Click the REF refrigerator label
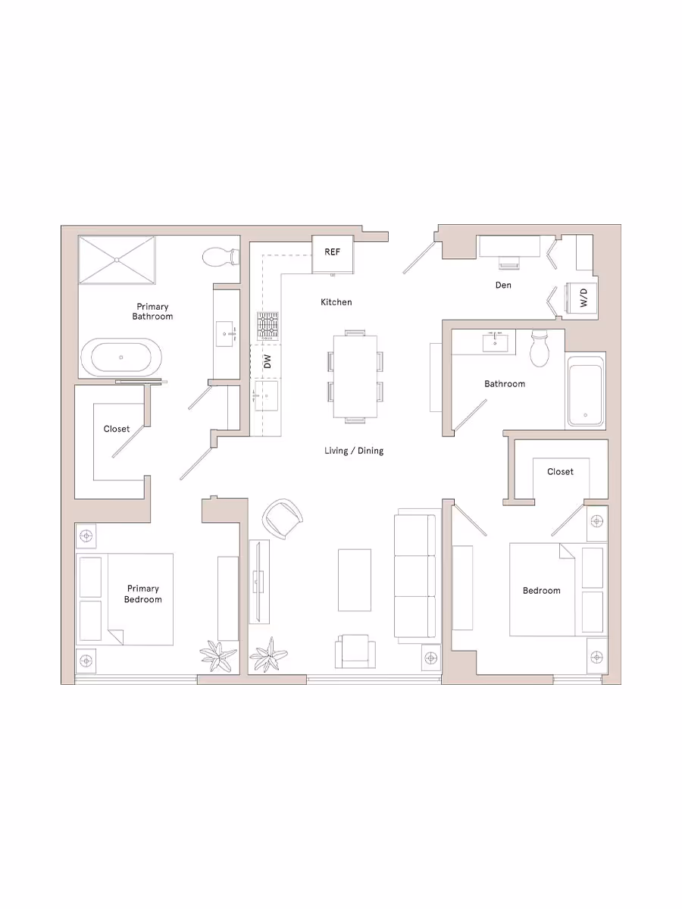[x=332, y=252]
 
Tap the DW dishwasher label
[x=267, y=361]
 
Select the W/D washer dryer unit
[x=582, y=297]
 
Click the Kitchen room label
[x=336, y=302]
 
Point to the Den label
[x=503, y=286]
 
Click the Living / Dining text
[x=354, y=451]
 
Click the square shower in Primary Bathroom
[x=117, y=260]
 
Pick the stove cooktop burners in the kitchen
[x=267, y=326]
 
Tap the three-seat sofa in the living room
[x=415, y=576]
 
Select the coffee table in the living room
[x=354, y=580]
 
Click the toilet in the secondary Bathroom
[x=540, y=348]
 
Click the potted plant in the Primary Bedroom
[x=217, y=655]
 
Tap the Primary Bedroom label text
[x=143, y=594]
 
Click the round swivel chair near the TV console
[x=283, y=518]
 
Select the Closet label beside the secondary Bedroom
[x=560, y=472]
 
